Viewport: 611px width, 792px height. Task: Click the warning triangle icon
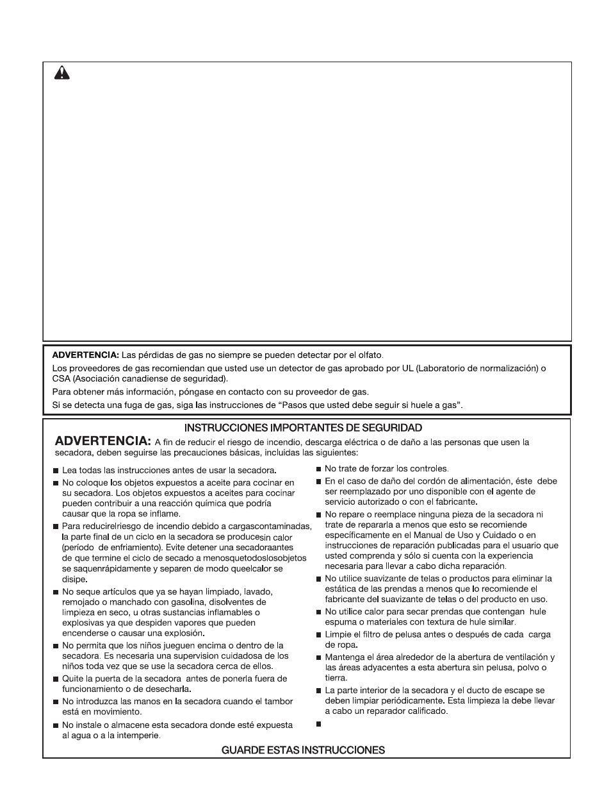point(61,73)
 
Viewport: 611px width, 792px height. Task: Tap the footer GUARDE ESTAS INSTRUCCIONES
point(303,749)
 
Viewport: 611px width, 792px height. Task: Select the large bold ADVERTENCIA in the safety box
point(102,441)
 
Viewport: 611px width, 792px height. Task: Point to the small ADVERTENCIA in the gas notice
point(85,355)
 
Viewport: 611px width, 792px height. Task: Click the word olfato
point(369,355)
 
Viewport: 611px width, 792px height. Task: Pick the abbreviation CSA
point(61,378)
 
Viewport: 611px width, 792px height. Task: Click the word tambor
point(279,701)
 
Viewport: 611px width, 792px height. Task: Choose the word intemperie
point(138,735)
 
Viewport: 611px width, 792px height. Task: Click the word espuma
point(339,621)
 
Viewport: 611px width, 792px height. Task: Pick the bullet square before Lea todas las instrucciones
point(56,471)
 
